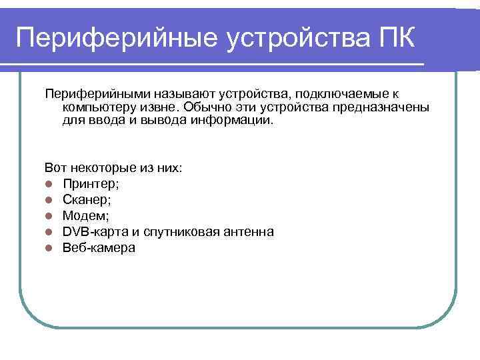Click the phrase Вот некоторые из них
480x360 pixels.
click(x=113, y=168)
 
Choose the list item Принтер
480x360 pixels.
click(x=91, y=183)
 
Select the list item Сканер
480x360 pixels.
click(x=87, y=199)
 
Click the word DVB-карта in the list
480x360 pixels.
click(x=92, y=231)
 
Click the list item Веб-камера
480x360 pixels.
click(x=99, y=247)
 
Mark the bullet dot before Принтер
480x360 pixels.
click(x=49, y=184)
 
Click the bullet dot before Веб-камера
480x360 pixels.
click(x=49, y=248)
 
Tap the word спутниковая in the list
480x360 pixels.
click(x=185, y=231)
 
